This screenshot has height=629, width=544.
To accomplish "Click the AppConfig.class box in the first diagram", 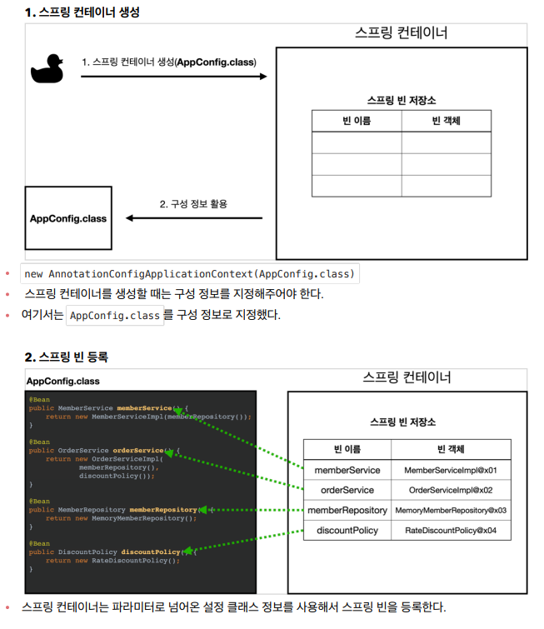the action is click(x=68, y=218).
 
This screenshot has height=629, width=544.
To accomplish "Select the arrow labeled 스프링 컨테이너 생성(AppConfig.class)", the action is click(x=173, y=76).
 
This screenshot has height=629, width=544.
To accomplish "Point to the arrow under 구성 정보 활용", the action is click(x=193, y=219).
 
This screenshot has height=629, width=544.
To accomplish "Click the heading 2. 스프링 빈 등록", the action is click(x=66, y=357).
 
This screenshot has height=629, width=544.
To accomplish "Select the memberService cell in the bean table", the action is click(x=347, y=471).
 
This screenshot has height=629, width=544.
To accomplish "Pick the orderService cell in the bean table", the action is click(x=347, y=491).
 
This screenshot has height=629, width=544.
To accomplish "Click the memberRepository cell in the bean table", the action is click(x=347, y=511).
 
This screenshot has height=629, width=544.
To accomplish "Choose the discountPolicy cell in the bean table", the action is click(x=347, y=531).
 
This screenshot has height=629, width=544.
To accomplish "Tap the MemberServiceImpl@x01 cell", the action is click(x=451, y=471).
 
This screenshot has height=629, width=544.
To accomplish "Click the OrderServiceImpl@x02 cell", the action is click(x=451, y=491).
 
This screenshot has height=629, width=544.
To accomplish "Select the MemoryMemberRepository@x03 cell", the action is click(x=451, y=511).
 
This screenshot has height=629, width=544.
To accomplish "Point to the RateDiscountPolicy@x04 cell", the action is click(x=451, y=531).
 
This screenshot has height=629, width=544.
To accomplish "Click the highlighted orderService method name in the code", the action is click(x=138, y=451).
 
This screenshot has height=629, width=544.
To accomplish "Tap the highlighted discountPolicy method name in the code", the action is click(x=151, y=552).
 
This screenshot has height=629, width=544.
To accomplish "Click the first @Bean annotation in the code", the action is click(x=39, y=400).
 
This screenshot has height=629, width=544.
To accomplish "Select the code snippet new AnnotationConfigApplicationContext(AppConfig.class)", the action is click(x=190, y=274).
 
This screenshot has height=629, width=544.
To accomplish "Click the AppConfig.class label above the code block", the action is click(x=63, y=381).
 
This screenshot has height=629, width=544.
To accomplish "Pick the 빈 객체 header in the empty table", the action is click(x=446, y=121).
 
